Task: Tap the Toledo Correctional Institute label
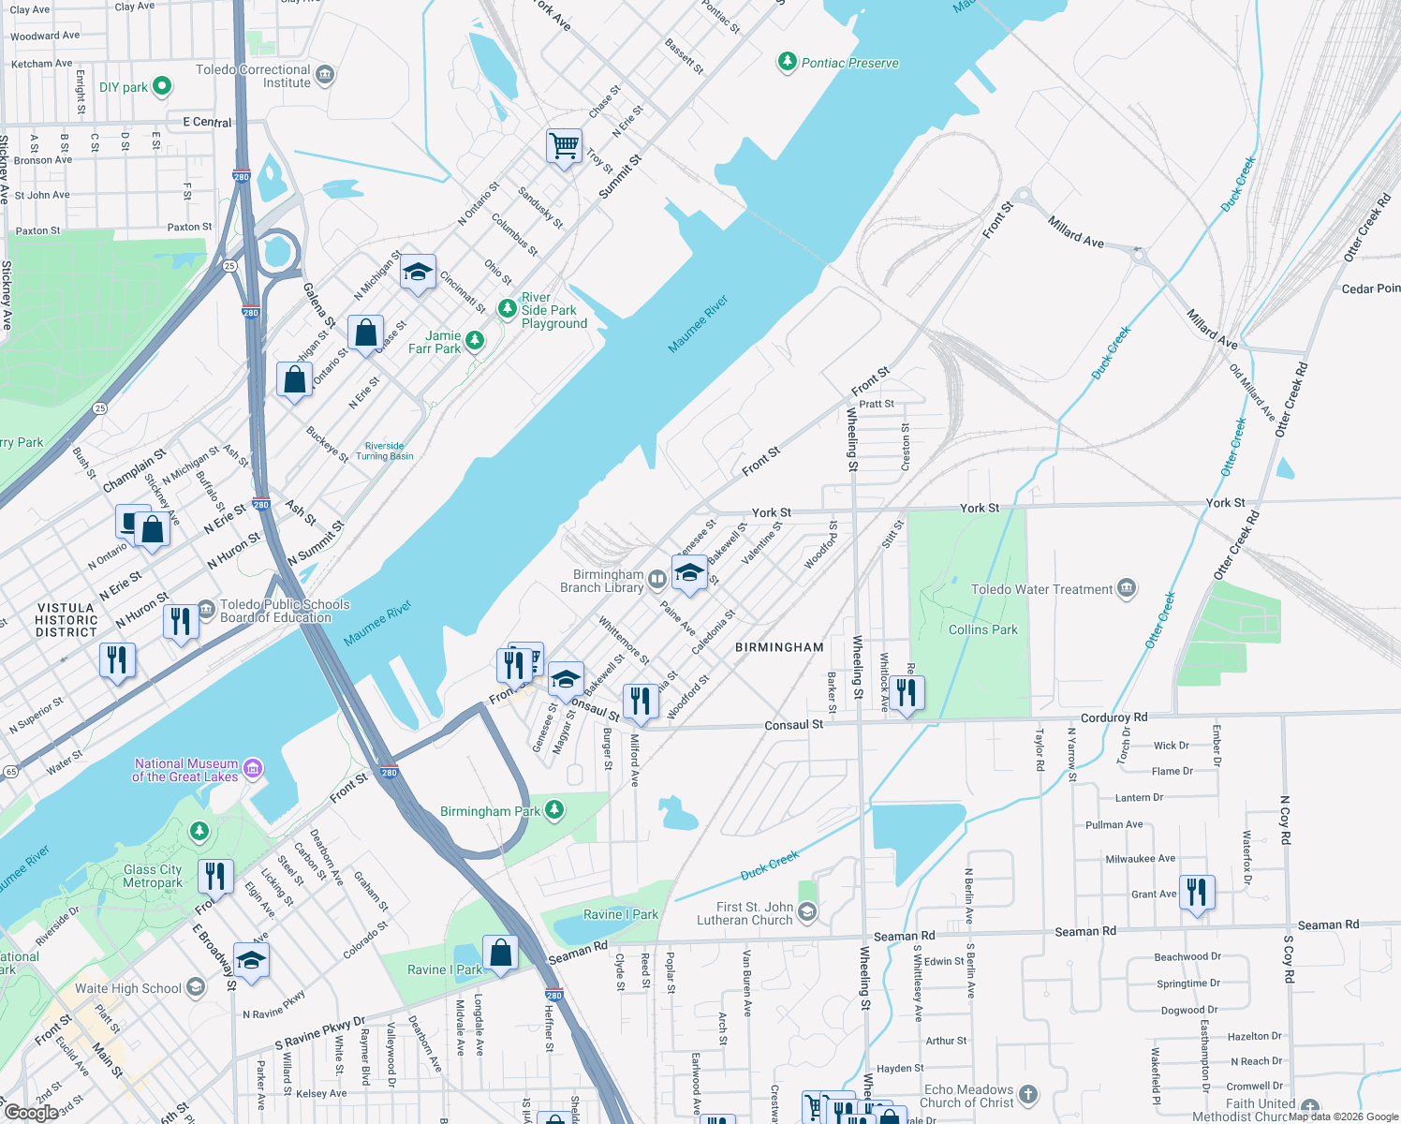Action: coord(253,76)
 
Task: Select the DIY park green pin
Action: coord(162,86)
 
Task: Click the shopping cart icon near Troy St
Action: coord(564,146)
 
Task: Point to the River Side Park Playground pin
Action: coord(507,308)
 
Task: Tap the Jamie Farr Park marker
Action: coord(475,340)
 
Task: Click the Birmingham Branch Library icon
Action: coord(657,579)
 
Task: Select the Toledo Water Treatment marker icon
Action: coord(1127,588)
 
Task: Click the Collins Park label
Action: coord(982,629)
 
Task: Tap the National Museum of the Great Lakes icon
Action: coord(253,769)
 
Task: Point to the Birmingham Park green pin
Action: coord(554,809)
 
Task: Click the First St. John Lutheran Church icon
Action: coord(807,911)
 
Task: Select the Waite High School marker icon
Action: coord(195,986)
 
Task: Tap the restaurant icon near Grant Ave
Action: coord(1197,892)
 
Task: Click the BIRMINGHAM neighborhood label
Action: coord(779,647)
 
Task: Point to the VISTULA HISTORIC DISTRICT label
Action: coord(66,620)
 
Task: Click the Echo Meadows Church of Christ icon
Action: coord(1028,1094)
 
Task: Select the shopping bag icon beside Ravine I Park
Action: coord(500,953)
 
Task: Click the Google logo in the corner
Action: coord(31,1112)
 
